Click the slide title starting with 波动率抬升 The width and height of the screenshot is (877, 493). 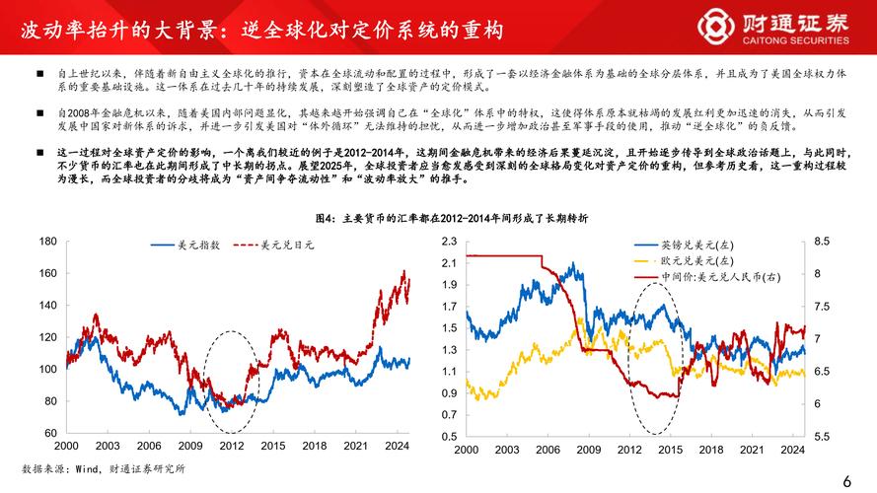tap(261, 31)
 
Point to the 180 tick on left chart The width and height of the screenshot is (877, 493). tap(47, 241)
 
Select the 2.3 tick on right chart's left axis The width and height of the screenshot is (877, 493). tap(449, 241)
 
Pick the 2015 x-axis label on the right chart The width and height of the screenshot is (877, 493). tap(669, 449)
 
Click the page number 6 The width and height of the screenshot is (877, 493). tap(846, 480)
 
